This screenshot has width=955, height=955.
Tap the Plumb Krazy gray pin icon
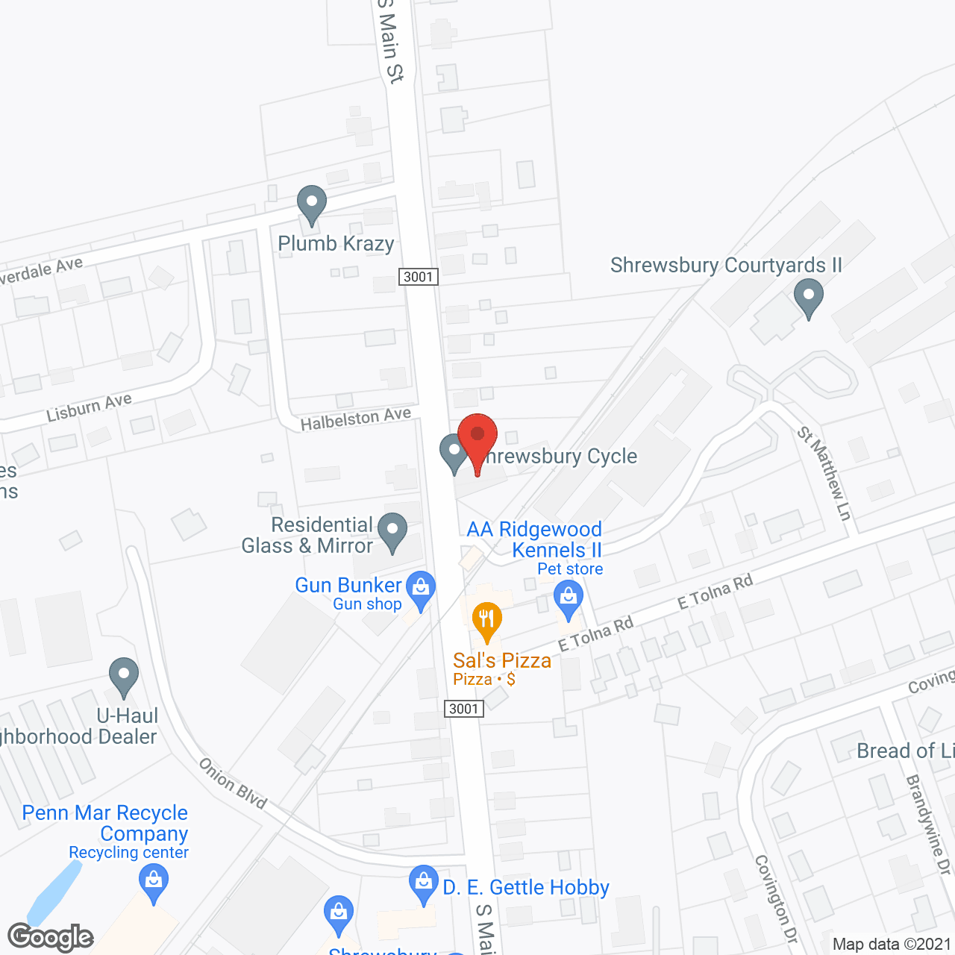311,204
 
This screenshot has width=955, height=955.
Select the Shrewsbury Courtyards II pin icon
808,297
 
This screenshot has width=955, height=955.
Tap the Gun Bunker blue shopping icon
421,590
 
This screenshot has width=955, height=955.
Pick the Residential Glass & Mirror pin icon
392,532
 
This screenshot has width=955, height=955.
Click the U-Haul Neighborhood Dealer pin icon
124,677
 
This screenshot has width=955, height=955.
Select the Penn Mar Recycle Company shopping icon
154,883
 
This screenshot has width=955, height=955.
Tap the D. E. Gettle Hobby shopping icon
424,884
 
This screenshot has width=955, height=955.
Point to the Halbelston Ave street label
355,419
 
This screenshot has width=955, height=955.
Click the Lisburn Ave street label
89,407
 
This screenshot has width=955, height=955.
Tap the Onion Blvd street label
233,783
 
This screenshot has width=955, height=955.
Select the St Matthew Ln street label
824,473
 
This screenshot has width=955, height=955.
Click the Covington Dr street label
776,898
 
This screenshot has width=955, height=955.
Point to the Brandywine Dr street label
929,824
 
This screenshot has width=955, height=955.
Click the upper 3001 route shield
418,277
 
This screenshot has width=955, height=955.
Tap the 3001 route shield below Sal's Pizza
463,709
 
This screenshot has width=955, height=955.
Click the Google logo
51,937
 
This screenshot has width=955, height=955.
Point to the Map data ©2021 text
892,945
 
